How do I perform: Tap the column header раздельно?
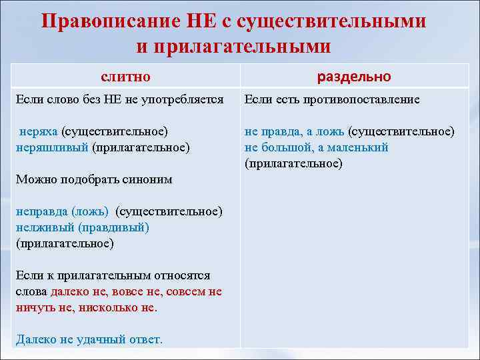[354, 76]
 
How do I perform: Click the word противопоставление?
[364, 100]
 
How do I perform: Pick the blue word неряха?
[39, 131]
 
